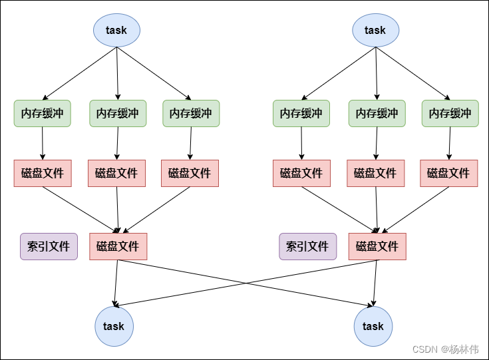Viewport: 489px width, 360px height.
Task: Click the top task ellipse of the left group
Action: [116, 30]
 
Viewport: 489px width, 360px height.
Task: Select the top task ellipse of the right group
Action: [375, 30]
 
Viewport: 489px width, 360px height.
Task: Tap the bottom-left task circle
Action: [114, 326]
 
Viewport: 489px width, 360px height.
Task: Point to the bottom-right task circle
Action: [373, 326]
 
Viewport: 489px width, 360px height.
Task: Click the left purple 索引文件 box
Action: [49, 246]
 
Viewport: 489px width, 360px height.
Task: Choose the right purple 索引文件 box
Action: [308, 246]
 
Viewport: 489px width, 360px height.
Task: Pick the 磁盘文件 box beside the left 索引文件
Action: [118, 246]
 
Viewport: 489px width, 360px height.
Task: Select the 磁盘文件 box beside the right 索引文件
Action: [377, 246]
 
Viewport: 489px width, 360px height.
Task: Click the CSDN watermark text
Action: [425, 349]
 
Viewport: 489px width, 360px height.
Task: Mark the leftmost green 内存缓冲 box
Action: [42, 113]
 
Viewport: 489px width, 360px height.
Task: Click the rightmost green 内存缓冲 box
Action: [450, 113]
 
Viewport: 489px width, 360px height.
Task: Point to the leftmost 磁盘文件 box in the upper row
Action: [43, 173]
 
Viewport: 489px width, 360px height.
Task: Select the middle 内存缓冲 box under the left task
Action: [118, 113]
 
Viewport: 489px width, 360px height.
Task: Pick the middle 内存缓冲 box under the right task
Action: [377, 113]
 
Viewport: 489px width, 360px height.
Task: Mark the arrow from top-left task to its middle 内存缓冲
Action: [117, 73]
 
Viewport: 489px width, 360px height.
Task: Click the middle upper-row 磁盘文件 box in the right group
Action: [376, 173]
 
